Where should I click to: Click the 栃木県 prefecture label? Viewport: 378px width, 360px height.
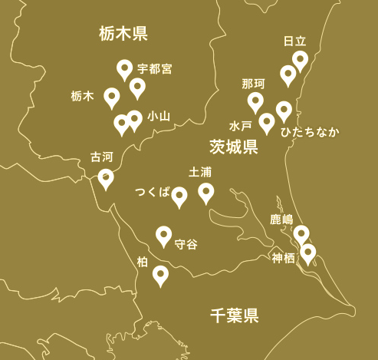coord(123,33)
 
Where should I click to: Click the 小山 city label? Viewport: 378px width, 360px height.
coord(158,117)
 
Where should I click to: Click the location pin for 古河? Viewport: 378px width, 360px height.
coord(106,178)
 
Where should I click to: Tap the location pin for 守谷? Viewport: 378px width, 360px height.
coord(163,235)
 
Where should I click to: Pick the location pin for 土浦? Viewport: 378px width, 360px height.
coord(205,192)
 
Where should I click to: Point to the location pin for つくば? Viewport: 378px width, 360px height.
coord(179,197)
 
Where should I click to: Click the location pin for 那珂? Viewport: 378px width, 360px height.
coord(255,101)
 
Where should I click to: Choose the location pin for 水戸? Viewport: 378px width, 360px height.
coord(267,121)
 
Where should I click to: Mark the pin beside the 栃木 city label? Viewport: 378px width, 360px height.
coord(112,97)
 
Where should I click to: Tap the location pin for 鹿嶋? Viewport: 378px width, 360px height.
coord(301,233)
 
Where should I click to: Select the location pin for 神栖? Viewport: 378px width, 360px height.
coord(307,252)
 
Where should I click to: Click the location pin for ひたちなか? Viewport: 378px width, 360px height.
coord(284,110)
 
